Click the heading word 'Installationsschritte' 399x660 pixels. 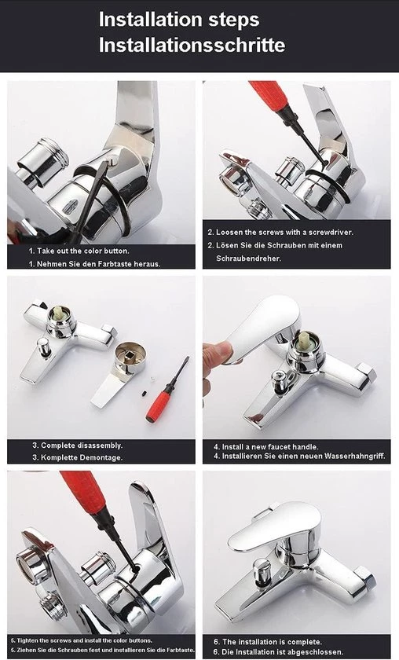(x=192, y=45)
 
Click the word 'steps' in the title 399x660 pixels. (x=233, y=20)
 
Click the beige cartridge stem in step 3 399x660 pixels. (x=57, y=313)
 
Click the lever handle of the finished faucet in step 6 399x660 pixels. (x=273, y=526)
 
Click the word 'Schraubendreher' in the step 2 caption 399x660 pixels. (x=248, y=258)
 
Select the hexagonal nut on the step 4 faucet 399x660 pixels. (x=366, y=372)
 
